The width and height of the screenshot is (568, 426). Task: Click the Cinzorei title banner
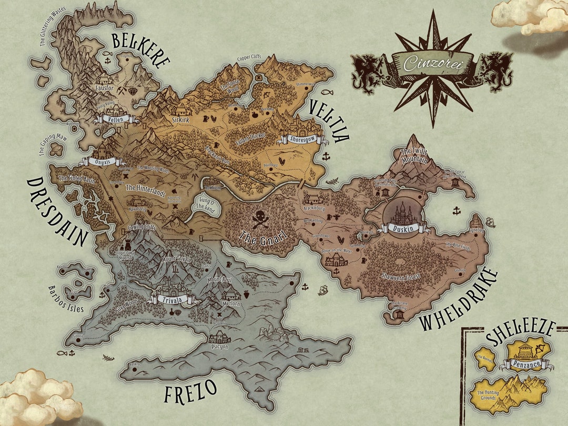[432, 64]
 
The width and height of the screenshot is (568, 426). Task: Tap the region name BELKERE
[140, 48]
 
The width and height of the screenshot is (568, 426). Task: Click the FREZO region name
[190, 392]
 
